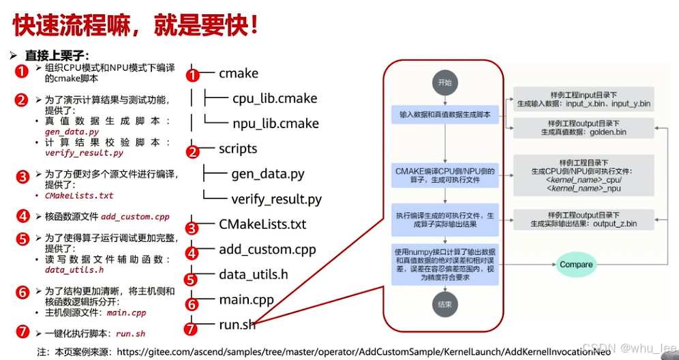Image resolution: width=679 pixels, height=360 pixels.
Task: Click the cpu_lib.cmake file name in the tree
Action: (275, 98)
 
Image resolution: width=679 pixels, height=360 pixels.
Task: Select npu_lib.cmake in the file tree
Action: (275, 123)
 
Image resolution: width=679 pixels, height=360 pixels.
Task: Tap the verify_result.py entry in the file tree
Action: (276, 199)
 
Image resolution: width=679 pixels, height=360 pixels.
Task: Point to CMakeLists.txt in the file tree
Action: (262, 224)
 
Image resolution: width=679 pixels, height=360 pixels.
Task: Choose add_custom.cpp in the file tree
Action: (267, 250)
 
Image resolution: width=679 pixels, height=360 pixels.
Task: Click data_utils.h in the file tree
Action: (253, 275)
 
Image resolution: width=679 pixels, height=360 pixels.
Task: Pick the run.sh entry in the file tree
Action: (237, 325)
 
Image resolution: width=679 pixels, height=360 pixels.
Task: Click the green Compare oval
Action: (576, 265)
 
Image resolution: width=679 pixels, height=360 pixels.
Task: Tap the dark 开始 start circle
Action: (444, 82)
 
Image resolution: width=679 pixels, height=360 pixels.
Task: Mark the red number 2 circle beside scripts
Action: (193, 152)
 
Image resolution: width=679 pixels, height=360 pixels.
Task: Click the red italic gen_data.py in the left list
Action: (72, 132)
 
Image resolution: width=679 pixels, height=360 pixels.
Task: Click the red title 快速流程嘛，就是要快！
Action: (136, 25)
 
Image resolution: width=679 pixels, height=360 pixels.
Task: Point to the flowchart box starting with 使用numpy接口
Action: (445, 263)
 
